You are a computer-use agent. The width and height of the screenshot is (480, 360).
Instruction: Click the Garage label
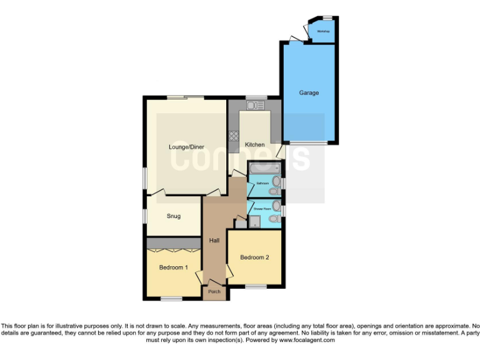308,93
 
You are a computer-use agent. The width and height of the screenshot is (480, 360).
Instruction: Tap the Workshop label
322,31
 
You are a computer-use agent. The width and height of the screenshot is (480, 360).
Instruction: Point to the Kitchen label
254,145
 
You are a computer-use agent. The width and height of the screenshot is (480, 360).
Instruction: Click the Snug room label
173,216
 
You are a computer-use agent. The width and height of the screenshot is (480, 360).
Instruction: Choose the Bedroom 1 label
173,267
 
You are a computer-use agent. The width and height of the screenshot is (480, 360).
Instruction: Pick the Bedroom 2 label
254,257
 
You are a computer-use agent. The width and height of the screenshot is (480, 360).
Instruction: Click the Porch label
214,291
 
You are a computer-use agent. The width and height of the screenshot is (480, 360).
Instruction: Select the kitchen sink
256,106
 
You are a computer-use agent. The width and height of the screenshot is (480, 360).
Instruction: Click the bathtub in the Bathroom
264,169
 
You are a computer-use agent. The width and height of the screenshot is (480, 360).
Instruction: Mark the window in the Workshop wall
327,17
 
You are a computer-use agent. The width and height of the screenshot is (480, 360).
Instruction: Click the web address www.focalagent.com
307,341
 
